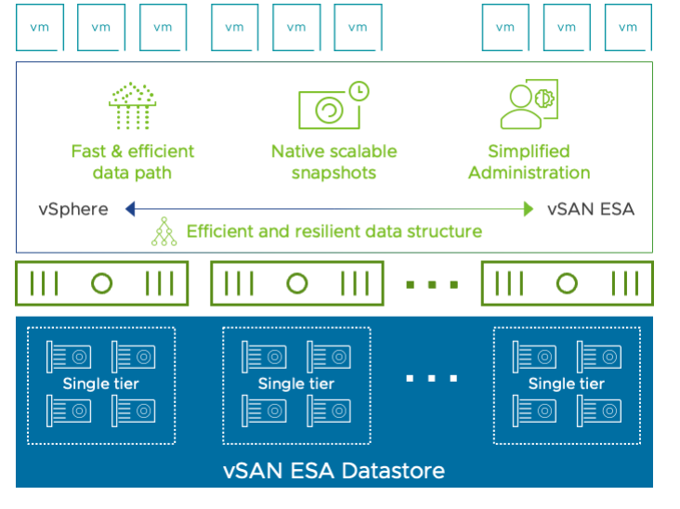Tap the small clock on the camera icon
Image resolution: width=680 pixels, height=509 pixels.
click(x=358, y=91)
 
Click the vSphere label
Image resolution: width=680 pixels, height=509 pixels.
click(x=73, y=209)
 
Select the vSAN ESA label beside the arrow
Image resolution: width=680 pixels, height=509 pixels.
click(x=591, y=209)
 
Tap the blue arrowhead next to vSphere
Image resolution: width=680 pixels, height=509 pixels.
click(x=130, y=209)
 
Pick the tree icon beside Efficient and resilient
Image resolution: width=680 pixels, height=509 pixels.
click(x=164, y=230)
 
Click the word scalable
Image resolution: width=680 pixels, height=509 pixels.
click(x=364, y=150)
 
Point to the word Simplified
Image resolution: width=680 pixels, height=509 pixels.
click(x=529, y=150)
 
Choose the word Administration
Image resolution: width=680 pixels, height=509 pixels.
click(x=529, y=173)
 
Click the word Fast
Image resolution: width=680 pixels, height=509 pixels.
click(x=89, y=150)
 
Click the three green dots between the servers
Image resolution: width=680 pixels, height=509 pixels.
click(x=432, y=284)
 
